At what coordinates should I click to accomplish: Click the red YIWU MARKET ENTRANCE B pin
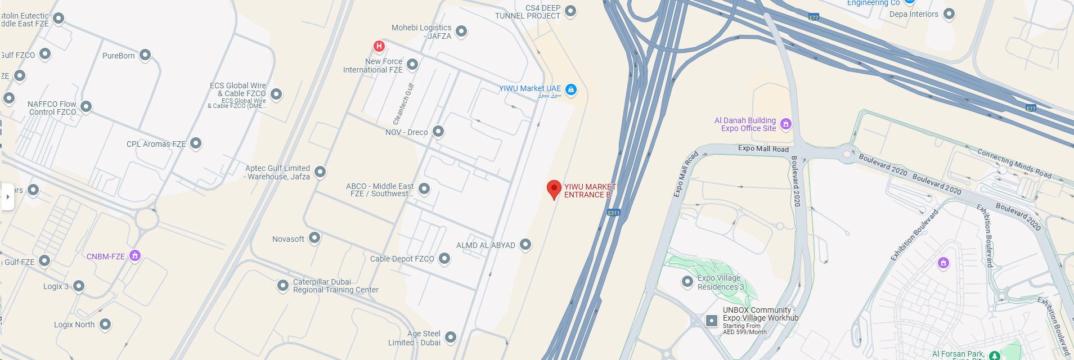pos(554,189)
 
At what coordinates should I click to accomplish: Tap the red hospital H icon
pos(379,46)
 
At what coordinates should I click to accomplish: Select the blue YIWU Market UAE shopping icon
pos(571,89)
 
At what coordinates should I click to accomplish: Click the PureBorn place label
pos(119,56)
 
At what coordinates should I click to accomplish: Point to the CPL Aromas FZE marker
pos(196,143)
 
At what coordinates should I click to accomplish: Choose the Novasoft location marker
pos(314,238)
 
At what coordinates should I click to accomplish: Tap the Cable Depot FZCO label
pos(402,259)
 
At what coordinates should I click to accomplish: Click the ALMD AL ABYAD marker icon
pos(525,244)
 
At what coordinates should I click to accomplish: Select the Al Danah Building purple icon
pos(786,124)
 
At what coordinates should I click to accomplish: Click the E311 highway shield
pos(613,213)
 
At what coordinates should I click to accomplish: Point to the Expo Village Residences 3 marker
pos(687,281)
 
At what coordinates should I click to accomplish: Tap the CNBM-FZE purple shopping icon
pos(135,255)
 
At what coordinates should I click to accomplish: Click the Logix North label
pos(74,325)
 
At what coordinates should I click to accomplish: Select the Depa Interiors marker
pos(949,13)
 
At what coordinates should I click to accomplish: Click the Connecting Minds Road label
pos(1014,163)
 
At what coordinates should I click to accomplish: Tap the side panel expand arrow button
pos(7,197)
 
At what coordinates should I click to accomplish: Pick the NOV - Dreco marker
pos(438,132)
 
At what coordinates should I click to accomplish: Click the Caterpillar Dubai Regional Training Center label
pos(335,286)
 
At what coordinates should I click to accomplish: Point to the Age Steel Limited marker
pos(451,337)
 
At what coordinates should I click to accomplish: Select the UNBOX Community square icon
pos(712,321)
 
